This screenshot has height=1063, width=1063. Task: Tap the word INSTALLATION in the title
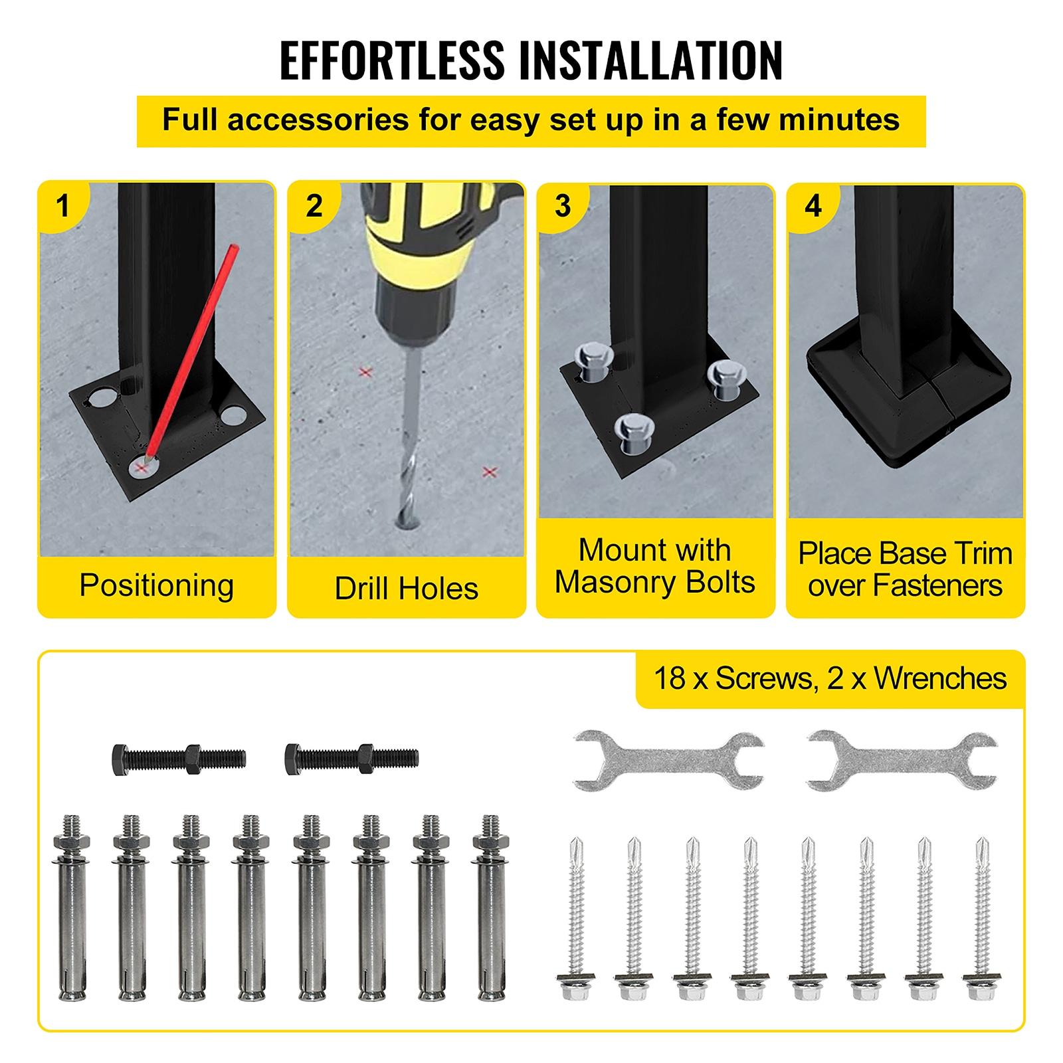pyautogui.click(x=651, y=60)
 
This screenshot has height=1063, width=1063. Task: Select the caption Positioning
pyautogui.click(x=157, y=585)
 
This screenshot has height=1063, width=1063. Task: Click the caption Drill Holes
pyautogui.click(x=407, y=588)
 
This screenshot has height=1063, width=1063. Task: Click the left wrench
pyautogui.click(x=668, y=761)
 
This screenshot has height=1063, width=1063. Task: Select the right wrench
pyautogui.click(x=902, y=761)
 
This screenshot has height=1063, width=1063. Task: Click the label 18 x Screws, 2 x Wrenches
pyautogui.click(x=830, y=678)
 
